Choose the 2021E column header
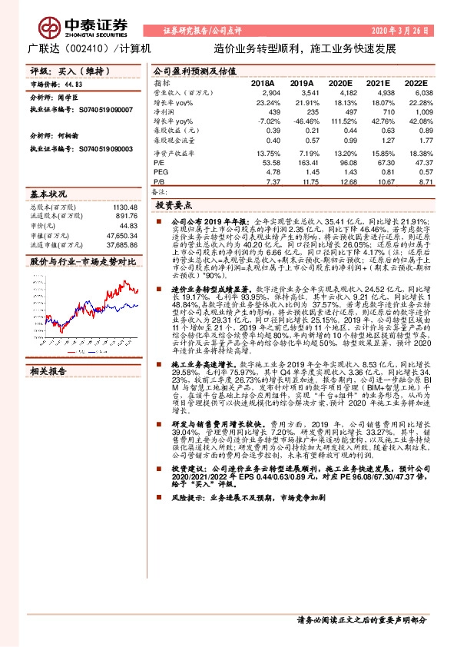[x=377, y=82]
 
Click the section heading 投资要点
[x=171, y=206]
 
